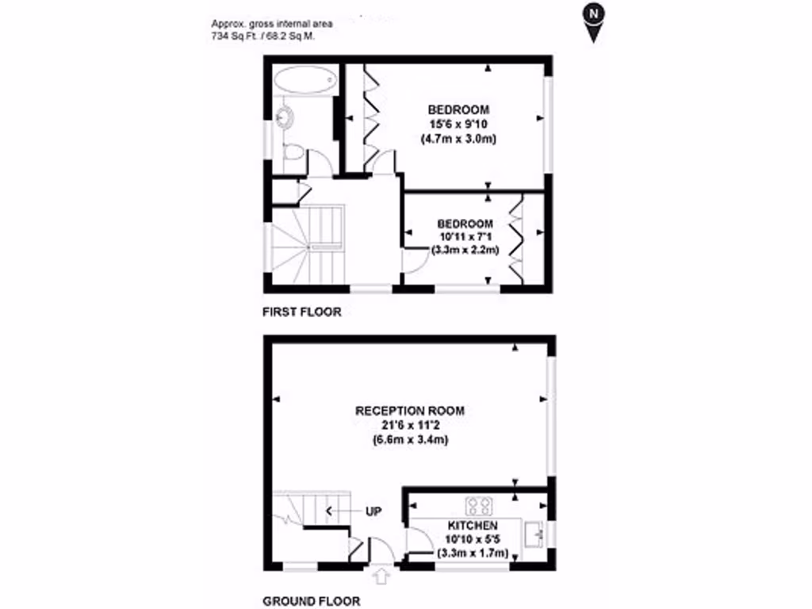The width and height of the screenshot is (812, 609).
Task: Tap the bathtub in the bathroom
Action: click(x=305, y=81)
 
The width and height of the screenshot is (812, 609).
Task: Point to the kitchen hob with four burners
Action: click(x=480, y=504)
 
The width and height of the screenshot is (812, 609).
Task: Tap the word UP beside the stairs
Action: click(x=373, y=512)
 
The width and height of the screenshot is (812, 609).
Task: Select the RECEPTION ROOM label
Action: click(x=409, y=411)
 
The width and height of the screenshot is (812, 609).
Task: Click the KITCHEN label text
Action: click(x=473, y=526)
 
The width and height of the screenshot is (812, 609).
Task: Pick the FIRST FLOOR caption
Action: click(x=302, y=312)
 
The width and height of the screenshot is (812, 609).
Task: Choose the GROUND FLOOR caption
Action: click(x=311, y=601)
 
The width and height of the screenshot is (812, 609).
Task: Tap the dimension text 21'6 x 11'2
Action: click(x=410, y=425)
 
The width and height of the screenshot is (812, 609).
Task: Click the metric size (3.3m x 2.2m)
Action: click(x=465, y=251)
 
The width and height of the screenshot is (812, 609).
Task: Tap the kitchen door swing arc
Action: click(x=416, y=541)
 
